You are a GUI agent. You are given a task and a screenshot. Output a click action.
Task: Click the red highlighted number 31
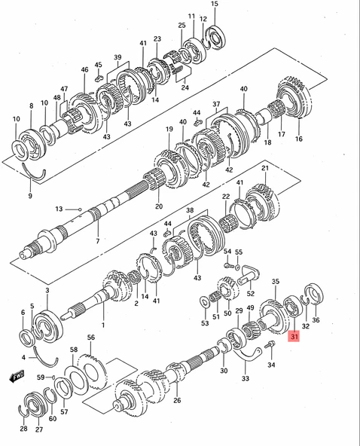tap(294, 337)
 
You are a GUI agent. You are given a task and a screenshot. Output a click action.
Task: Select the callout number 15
tap(215, 4)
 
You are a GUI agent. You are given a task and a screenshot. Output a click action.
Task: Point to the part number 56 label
tap(90, 338)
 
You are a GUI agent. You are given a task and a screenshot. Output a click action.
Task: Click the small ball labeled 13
tap(80, 209)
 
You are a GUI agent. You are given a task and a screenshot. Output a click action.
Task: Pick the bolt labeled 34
tap(270, 345)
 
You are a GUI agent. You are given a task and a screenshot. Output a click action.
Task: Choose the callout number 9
tap(30, 196)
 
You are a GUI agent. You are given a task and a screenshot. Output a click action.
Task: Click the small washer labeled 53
tap(203, 301)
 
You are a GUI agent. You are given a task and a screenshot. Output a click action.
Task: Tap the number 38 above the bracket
tap(190, 210)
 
